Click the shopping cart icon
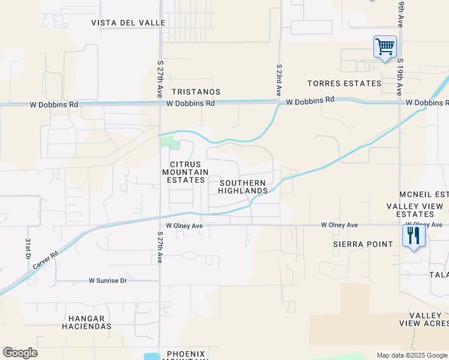[x=384, y=47]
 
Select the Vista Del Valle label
[x=128, y=23]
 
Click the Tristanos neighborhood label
[x=196, y=92]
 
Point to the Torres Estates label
[x=344, y=83]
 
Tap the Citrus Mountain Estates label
[x=185, y=172]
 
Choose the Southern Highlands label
[x=243, y=187]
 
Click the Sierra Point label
[x=363, y=244]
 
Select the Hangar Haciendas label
[x=86, y=322]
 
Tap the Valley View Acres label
[x=424, y=319]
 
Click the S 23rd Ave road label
[x=279, y=80]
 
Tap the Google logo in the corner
[x=20, y=353]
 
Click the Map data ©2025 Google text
[x=411, y=355]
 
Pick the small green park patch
[x=170, y=143]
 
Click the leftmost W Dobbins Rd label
[x=54, y=104]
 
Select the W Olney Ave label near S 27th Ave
[x=185, y=226]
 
